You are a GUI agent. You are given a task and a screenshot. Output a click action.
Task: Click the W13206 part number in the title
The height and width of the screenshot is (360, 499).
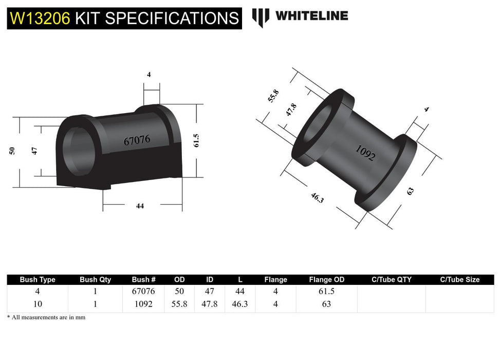coord(40,19)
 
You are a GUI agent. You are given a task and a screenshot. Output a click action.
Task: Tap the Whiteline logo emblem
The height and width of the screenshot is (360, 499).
coord(261,17)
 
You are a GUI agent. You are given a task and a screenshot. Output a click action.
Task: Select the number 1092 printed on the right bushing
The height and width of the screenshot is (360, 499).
coord(365,153)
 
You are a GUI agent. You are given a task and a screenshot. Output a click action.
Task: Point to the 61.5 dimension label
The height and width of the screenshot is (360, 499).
coord(196,140)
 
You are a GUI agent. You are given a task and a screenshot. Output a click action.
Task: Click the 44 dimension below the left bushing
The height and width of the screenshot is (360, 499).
coord(140,206)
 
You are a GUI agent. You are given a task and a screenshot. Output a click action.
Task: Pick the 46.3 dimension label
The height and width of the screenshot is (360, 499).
coord(317,198)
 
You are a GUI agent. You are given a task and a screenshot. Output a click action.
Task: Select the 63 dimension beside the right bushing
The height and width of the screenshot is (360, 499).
coord(410,191)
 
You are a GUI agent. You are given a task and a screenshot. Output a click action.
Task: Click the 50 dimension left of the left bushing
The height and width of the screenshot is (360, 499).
coord(11,150)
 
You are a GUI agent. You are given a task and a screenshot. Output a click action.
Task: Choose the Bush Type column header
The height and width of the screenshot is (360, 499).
coord(38,280)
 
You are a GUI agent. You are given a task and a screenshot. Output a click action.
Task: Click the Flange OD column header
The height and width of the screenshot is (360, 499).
coord(327,280)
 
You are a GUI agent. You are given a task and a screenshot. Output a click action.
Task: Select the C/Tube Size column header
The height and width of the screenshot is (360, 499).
coord(459,280)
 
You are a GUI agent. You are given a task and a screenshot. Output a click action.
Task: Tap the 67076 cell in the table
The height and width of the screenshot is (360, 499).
coord(143,291)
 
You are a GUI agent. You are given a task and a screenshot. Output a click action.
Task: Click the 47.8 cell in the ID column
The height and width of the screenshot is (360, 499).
coord(210,304)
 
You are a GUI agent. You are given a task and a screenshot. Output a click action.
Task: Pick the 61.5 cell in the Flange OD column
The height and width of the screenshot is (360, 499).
coord(327,291)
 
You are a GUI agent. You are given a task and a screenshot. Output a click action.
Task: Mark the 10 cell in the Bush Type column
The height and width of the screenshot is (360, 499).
coord(38,304)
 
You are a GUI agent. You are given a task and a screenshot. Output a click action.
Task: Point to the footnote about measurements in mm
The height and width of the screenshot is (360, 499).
coord(46,317)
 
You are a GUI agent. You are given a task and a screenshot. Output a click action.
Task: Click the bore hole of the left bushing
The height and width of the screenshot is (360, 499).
coord(77,149)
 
